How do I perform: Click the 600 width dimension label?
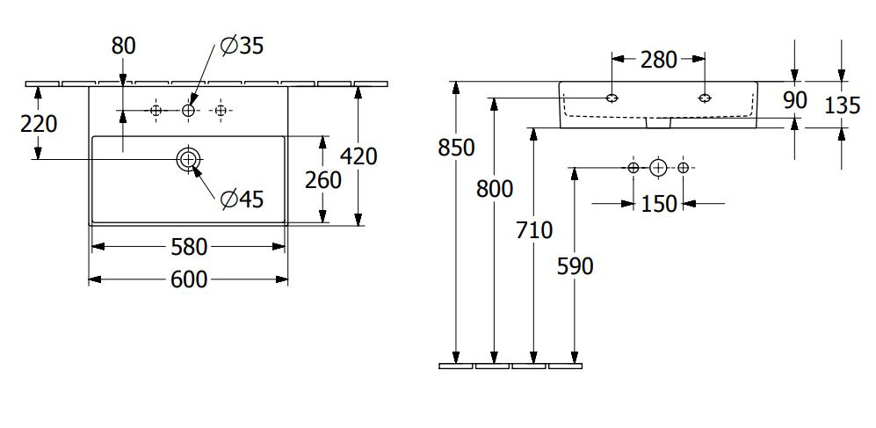click(x=189, y=279)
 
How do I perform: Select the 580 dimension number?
click(x=189, y=247)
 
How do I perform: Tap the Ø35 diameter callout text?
click(x=242, y=46)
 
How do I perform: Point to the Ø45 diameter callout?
click(x=242, y=199)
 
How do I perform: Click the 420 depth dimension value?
click(x=358, y=156)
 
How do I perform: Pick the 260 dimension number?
click(x=323, y=180)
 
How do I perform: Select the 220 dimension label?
click(x=39, y=124)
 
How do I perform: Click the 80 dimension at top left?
click(x=124, y=46)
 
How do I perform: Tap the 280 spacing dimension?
click(x=659, y=59)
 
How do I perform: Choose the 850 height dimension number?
click(x=456, y=148)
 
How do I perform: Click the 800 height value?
click(x=495, y=190)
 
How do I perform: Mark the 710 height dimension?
click(x=534, y=229)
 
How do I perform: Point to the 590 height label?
click(x=575, y=266)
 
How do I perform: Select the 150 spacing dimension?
click(x=659, y=204)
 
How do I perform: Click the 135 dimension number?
click(x=843, y=105)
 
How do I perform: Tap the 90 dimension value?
click(x=795, y=100)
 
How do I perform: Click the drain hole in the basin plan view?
click(x=188, y=160)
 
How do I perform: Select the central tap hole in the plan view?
click(x=188, y=111)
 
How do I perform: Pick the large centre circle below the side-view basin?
click(x=659, y=167)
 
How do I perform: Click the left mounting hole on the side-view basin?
click(x=612, y=98)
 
